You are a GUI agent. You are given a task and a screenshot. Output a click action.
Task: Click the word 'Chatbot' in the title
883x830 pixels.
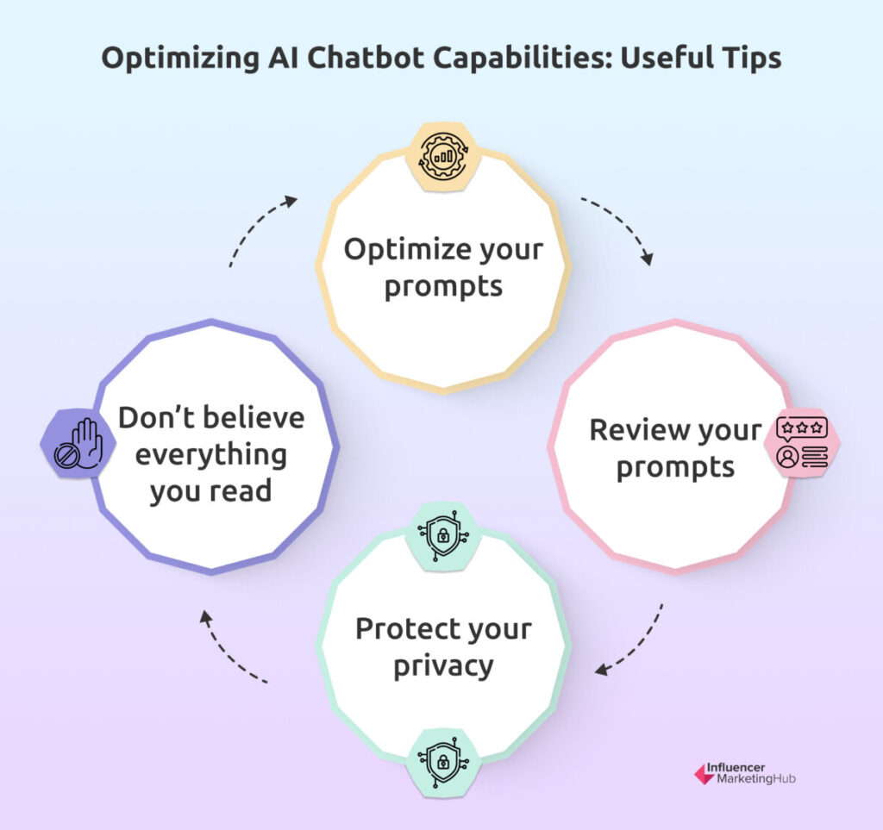click(x=365, y=58)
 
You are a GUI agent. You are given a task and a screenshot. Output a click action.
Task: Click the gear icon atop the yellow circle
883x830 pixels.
click(x=443, y=157)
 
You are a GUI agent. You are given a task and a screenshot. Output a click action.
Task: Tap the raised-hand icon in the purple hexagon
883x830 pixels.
click(x=78, y=443)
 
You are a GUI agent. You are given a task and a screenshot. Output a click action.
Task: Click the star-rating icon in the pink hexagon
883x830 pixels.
click(x=802, y=442)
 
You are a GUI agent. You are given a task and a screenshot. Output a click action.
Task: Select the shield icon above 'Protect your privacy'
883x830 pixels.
click(x=443, y=536)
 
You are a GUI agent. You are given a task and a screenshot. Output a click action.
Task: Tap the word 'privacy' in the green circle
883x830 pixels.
click(x=443, y=667)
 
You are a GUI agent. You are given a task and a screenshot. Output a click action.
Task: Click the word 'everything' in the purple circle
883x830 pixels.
click(x=211, y=456)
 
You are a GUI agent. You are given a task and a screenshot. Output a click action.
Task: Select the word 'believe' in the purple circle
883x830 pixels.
click(x=254, y=418)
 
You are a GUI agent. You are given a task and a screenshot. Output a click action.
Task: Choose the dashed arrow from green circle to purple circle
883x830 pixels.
click(x=225, y=653)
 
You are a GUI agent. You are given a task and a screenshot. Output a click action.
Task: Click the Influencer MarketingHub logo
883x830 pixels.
click(x=744, y=774)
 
